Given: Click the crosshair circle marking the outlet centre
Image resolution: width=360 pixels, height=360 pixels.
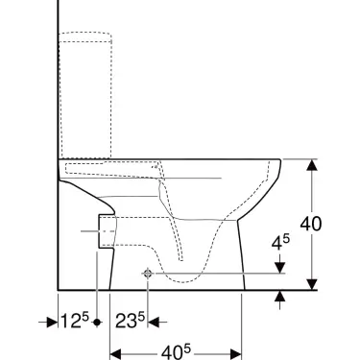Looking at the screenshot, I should coord(147,274).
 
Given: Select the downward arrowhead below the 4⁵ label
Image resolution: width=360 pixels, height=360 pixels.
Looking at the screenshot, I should coord(279,268).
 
